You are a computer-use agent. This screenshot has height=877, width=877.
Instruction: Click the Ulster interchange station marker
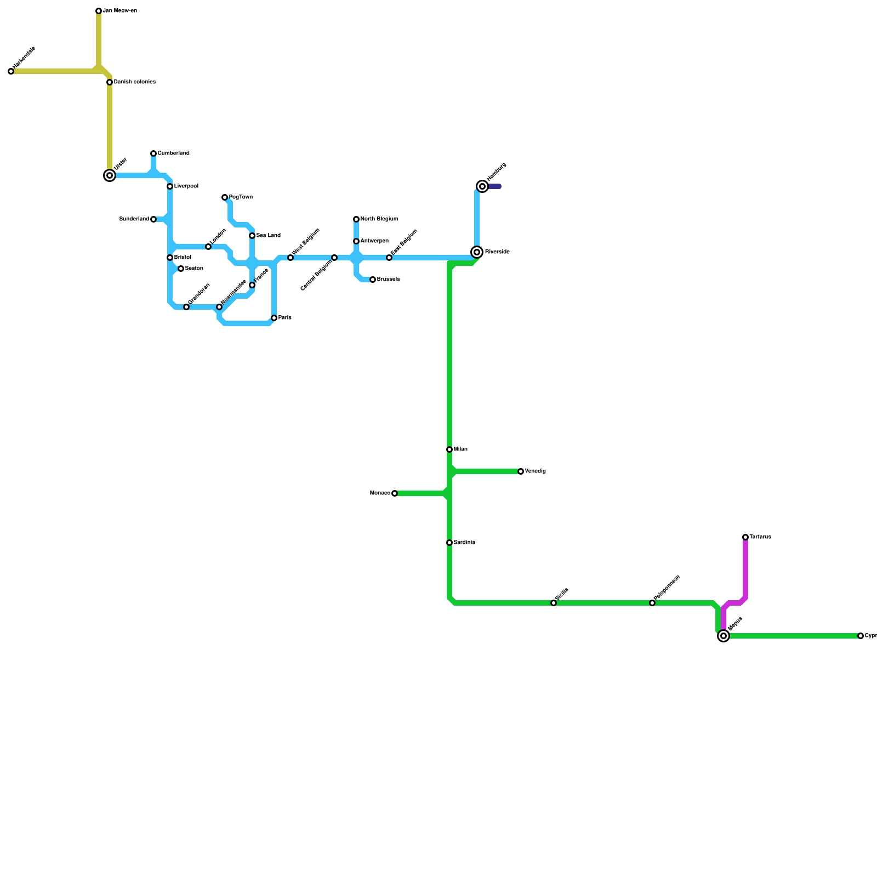click(110, 175)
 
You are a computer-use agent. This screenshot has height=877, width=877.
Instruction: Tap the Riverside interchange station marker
click(477, 252)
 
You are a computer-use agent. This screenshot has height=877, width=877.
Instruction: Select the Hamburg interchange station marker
click(482, 186)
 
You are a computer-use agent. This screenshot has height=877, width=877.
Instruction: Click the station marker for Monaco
click(395, 493)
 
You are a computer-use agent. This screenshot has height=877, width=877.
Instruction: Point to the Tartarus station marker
click(745, 537)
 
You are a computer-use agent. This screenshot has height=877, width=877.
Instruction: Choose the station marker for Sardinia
click(449, 543)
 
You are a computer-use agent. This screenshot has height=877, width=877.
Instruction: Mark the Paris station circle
click(274, 318)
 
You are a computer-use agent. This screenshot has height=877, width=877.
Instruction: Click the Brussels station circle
click(373, 280)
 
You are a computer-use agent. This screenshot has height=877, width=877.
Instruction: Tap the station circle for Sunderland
click(153, 219)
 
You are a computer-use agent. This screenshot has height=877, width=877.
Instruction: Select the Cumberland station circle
click(153, 153)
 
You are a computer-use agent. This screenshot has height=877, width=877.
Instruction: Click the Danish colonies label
click(135, 82)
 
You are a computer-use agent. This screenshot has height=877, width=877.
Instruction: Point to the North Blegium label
click(379, 219)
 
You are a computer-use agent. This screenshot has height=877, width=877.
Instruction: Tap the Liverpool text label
click(186, 186)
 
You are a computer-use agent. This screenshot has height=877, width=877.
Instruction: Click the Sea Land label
click(269, 236)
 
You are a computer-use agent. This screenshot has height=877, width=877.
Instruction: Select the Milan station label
click(460, 449)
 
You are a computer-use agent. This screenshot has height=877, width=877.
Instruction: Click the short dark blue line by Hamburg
click(494, 186)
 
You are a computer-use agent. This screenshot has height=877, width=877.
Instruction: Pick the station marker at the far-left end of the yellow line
click(11, 71)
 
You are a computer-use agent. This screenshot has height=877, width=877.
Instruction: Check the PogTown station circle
click(225, 197)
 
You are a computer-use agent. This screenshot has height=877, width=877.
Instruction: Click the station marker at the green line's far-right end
click(861, 636)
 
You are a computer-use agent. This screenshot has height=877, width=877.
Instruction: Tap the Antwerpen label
click(374, 241)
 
